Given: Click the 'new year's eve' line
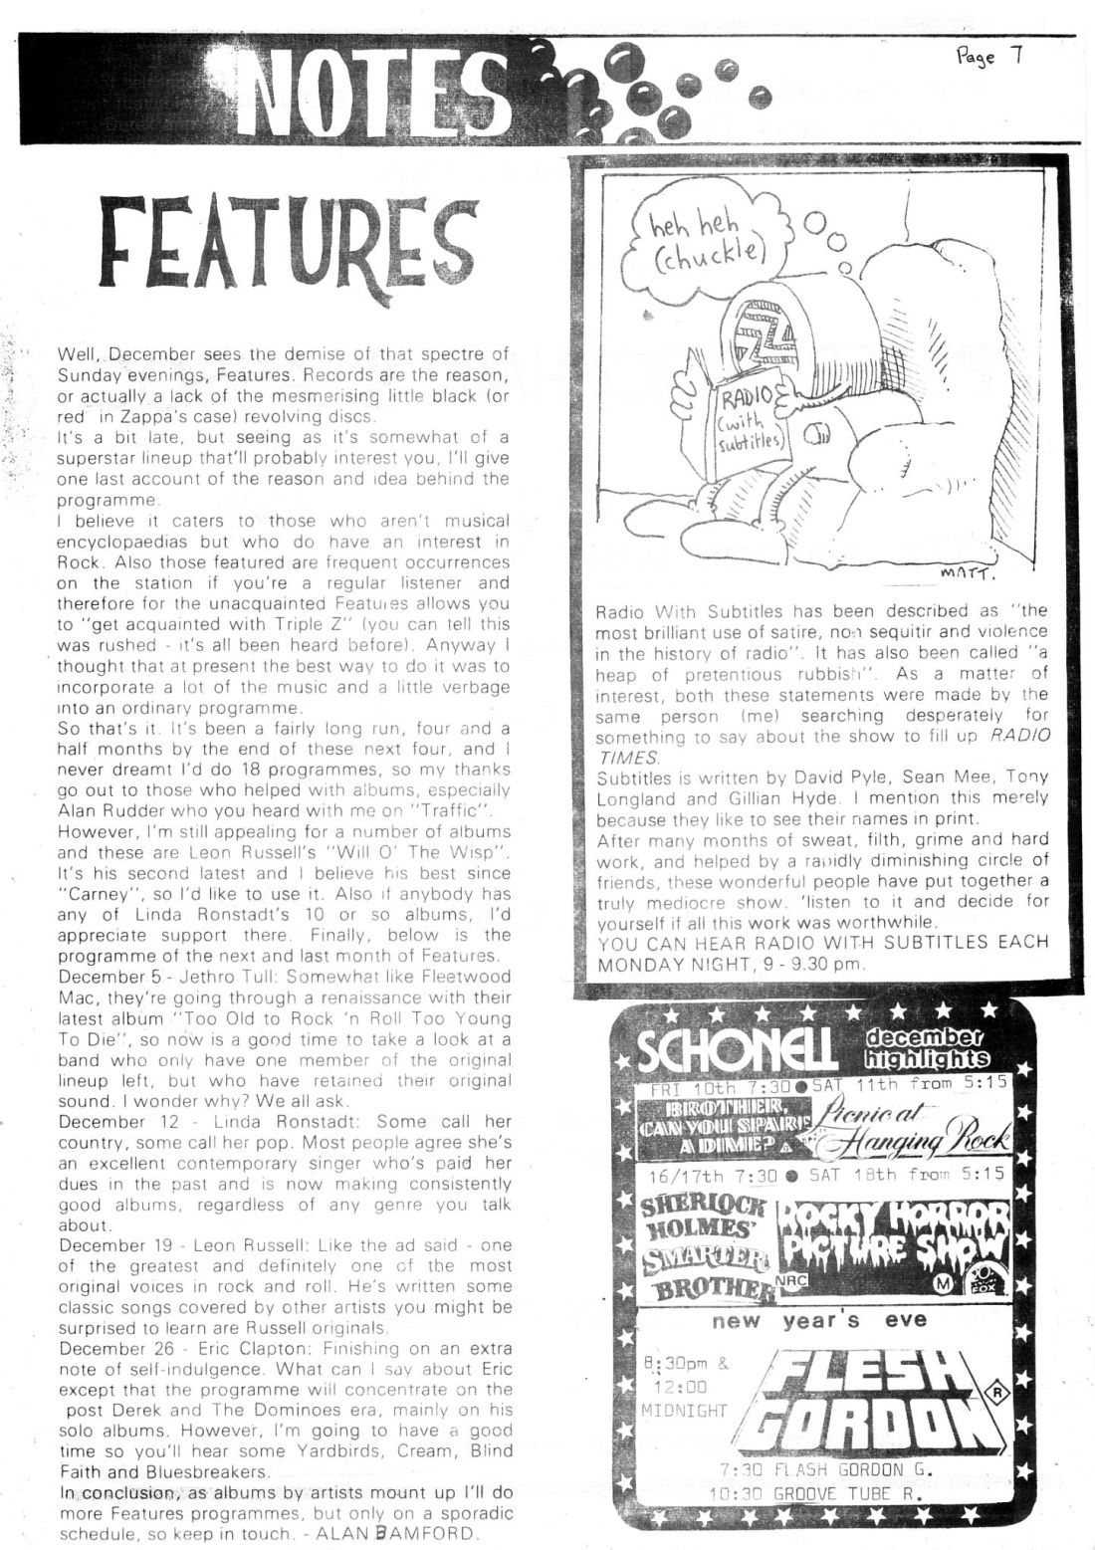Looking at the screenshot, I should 818,1321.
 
